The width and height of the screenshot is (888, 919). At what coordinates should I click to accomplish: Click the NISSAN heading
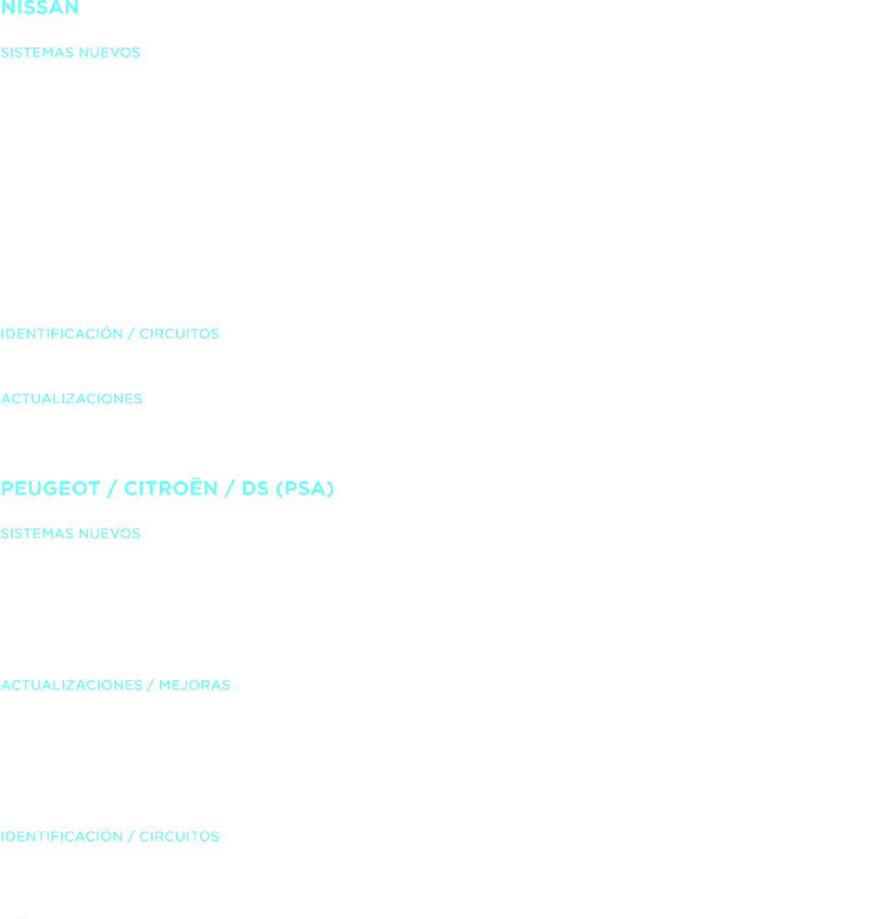40,7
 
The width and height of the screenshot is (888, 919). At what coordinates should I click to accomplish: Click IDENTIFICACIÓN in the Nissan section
62,335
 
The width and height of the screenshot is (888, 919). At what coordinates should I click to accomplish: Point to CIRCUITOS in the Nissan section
178,335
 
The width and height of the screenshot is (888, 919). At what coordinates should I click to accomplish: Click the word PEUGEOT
50,489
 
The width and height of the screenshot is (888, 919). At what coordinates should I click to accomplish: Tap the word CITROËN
172,489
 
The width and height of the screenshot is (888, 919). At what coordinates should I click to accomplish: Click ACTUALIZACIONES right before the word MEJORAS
72,686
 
